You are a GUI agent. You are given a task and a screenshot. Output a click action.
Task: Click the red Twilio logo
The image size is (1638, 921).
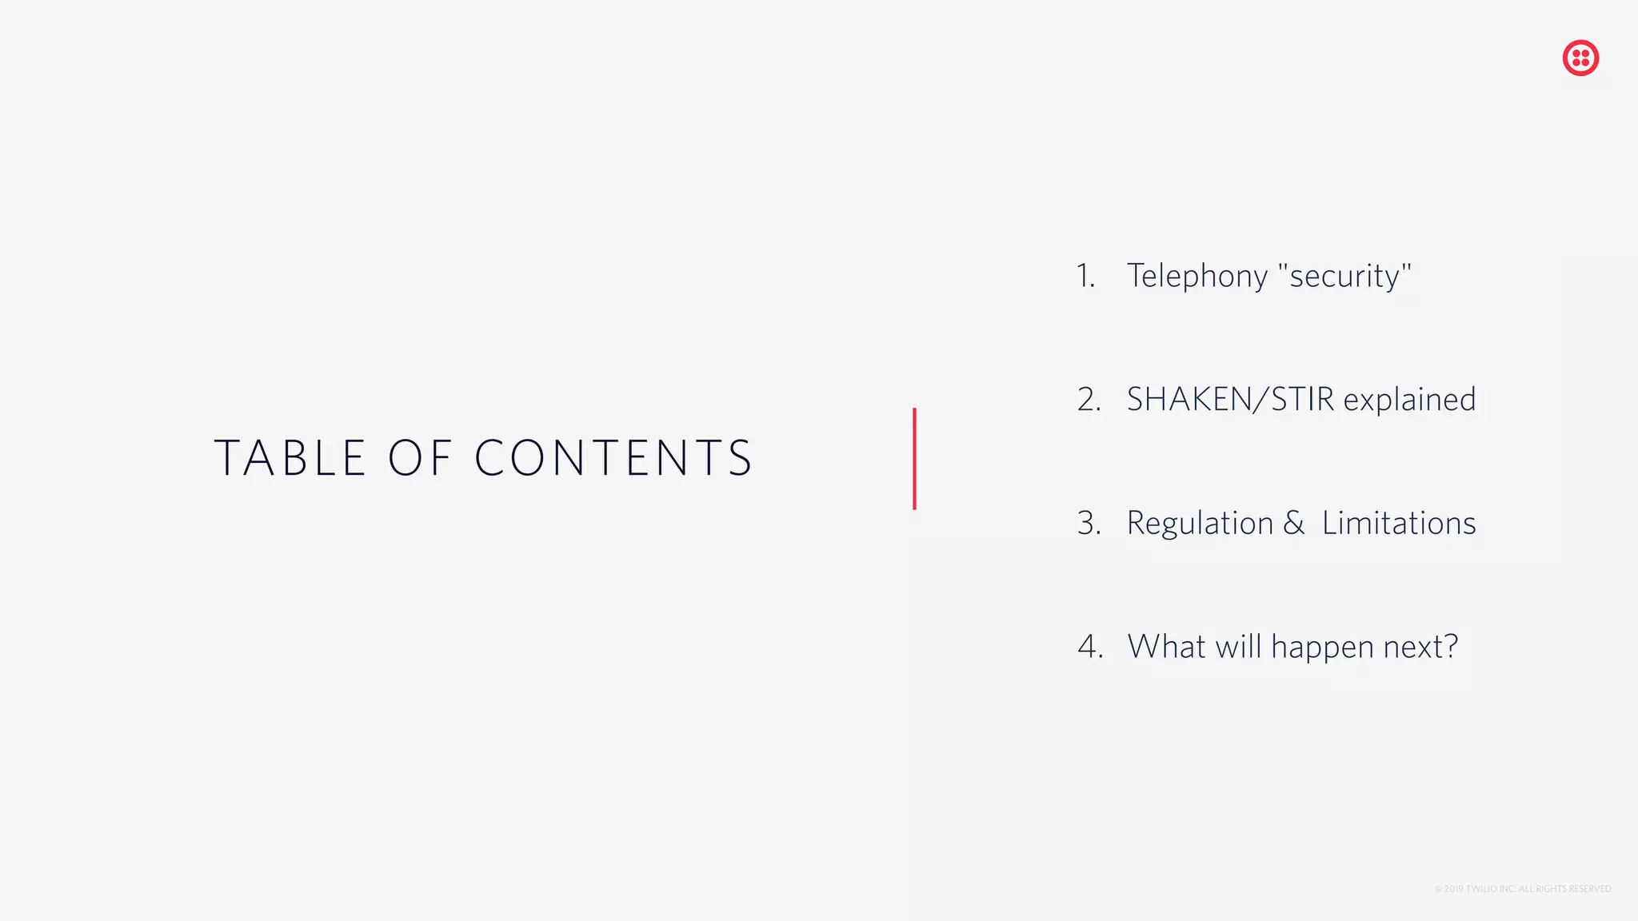(x=1580, y=58)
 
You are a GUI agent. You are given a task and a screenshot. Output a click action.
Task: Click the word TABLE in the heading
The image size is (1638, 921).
(x=290, y=458)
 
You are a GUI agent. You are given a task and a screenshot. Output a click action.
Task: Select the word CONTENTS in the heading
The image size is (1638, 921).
(x=613, y=458)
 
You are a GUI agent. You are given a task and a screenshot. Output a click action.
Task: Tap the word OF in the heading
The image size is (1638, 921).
(x=421, y=458)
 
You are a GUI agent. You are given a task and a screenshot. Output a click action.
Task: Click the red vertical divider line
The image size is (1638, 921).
(x=914, y=458)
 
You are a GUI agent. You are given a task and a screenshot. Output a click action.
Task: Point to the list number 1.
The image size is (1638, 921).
(x=1085, y=276)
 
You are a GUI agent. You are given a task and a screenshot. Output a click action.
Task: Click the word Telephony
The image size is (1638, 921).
(x=1197, y=276)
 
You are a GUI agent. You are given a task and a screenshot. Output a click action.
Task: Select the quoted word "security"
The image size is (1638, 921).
(x=1344, y=276)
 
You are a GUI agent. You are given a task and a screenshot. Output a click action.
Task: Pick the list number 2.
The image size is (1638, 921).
(x=1089, y=400)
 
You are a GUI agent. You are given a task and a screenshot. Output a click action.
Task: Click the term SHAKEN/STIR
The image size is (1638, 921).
(x=1230, y=400)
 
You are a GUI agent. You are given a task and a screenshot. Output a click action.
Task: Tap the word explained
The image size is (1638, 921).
(x=1409, y=400)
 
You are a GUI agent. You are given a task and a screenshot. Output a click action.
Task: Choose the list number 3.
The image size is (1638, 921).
(x=1089, y=523)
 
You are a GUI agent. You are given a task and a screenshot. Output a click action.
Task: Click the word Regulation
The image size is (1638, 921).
(x=1200, y=523)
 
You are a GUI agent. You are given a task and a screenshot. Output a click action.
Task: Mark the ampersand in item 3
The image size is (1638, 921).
(x=1293, y=523)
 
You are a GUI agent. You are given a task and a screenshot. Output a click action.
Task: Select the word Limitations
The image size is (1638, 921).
(x=1399, y=523)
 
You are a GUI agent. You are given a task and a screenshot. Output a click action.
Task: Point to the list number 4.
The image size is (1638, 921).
(x=1090, y=647)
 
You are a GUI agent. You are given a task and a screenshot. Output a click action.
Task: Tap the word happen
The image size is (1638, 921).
(x=1322, y=647)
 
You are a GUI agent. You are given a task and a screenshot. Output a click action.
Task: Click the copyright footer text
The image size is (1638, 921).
(x=1523, y=889)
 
